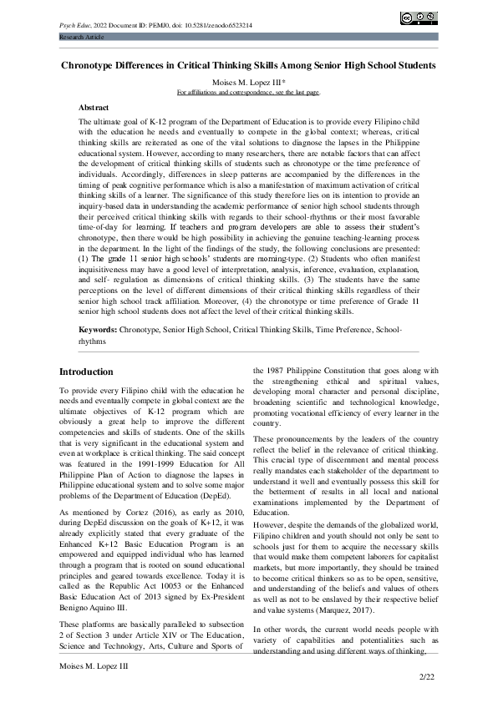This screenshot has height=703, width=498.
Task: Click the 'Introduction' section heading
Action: (87, 372)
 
